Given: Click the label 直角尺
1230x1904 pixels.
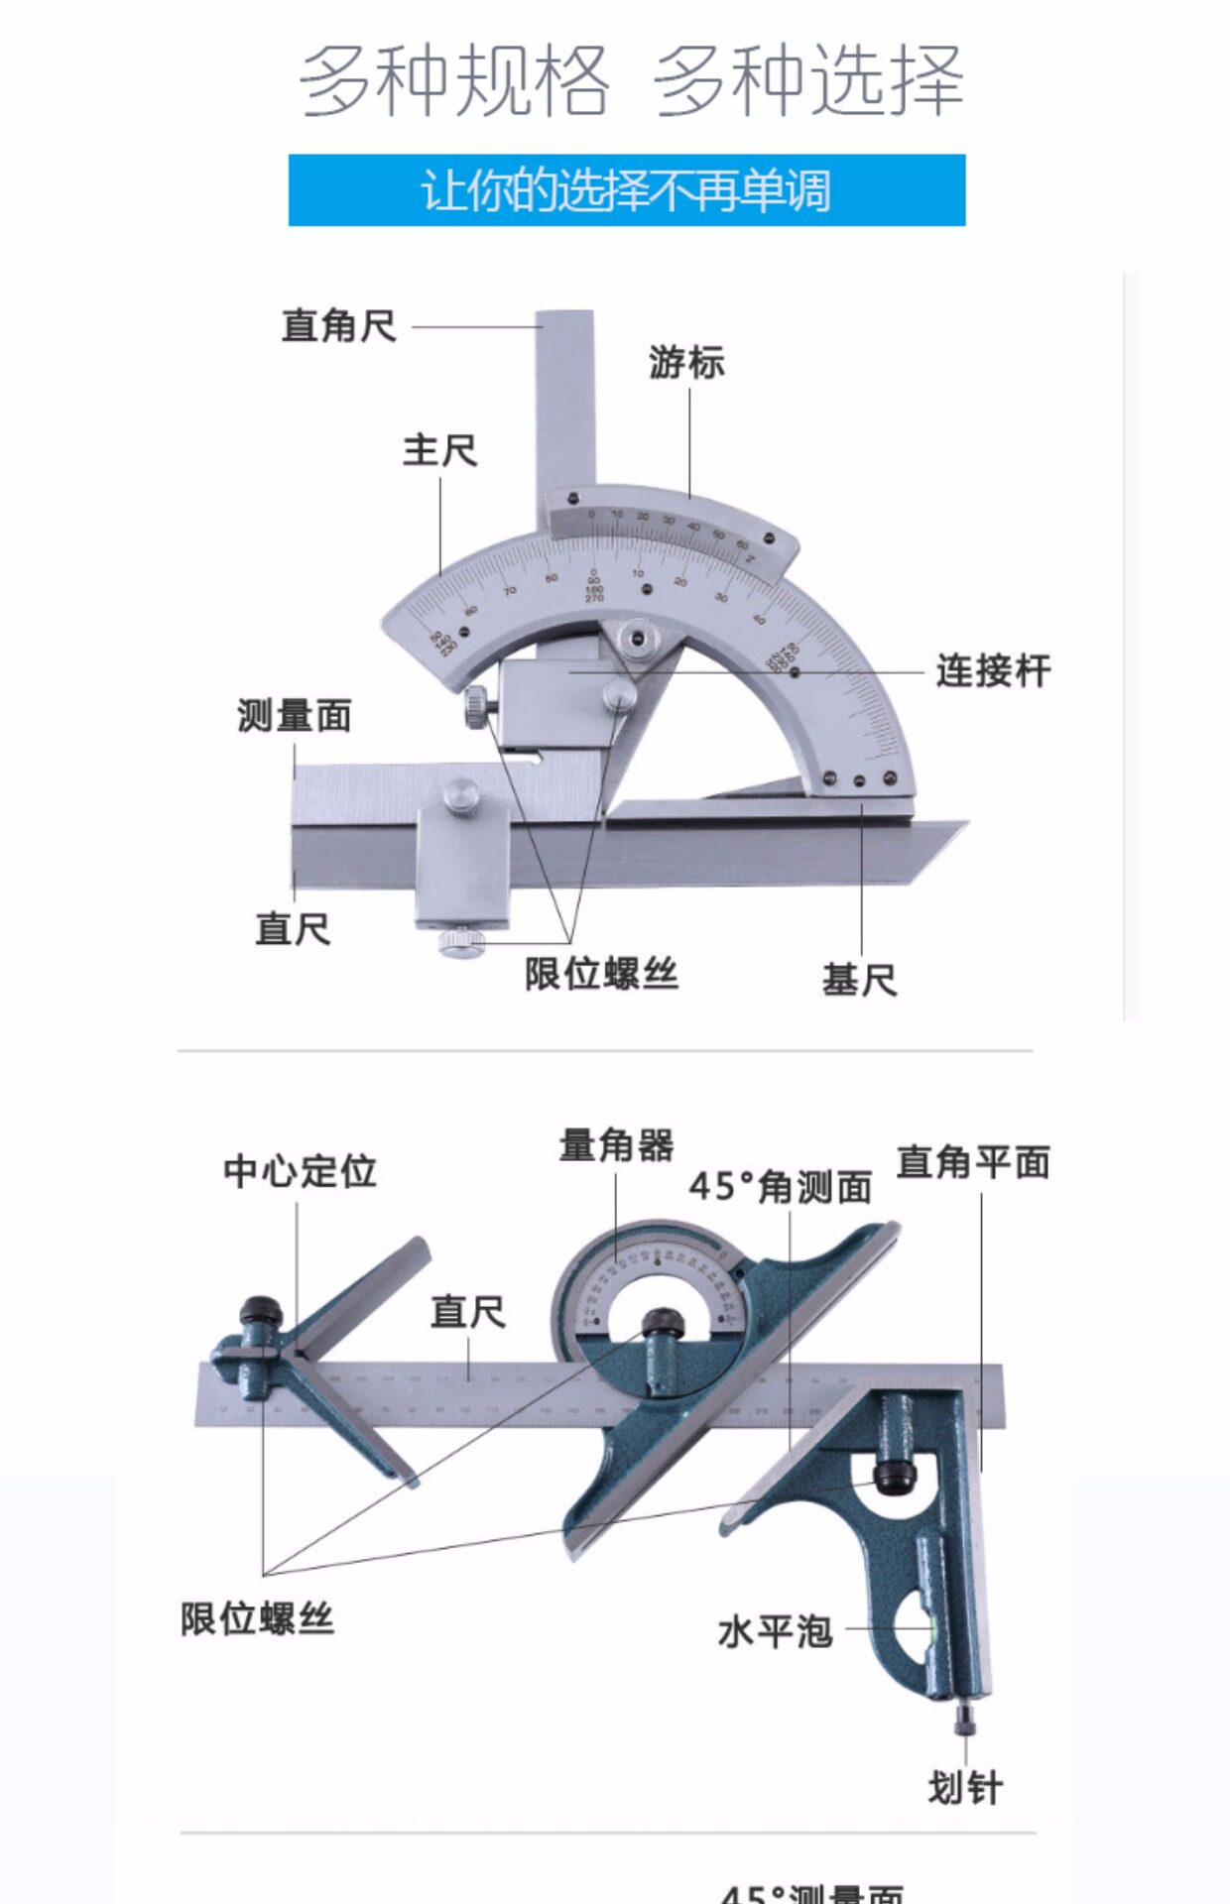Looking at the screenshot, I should click(x=339, y=326).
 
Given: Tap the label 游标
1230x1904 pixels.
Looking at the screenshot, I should click(x=686, y=363).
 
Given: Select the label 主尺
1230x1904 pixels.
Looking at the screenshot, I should click(x=439, y=451).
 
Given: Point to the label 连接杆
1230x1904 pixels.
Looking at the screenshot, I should click(x=993, y=671).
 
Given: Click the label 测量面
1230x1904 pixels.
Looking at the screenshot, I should click(x=295, y=716).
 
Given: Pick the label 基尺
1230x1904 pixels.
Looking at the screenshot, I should click(x=859, y=981).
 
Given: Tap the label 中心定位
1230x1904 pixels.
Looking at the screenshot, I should click(x=300, y=1171).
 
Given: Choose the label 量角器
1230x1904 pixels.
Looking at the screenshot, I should click(x=616, y=1145).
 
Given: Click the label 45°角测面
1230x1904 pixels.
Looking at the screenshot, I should click(x=781, y=1187).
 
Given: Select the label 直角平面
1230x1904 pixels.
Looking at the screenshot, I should click(x=973, y=1162).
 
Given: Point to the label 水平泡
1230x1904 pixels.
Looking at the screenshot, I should click(x=775, y=1631).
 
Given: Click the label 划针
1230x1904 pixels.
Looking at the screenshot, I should click(x=964, y=1789).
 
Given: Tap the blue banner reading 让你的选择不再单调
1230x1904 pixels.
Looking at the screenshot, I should click(x=627, y=190).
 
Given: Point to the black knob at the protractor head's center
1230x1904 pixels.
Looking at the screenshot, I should click(x=662, y=1322).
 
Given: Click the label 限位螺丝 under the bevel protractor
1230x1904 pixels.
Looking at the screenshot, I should click(x=601, y=974).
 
